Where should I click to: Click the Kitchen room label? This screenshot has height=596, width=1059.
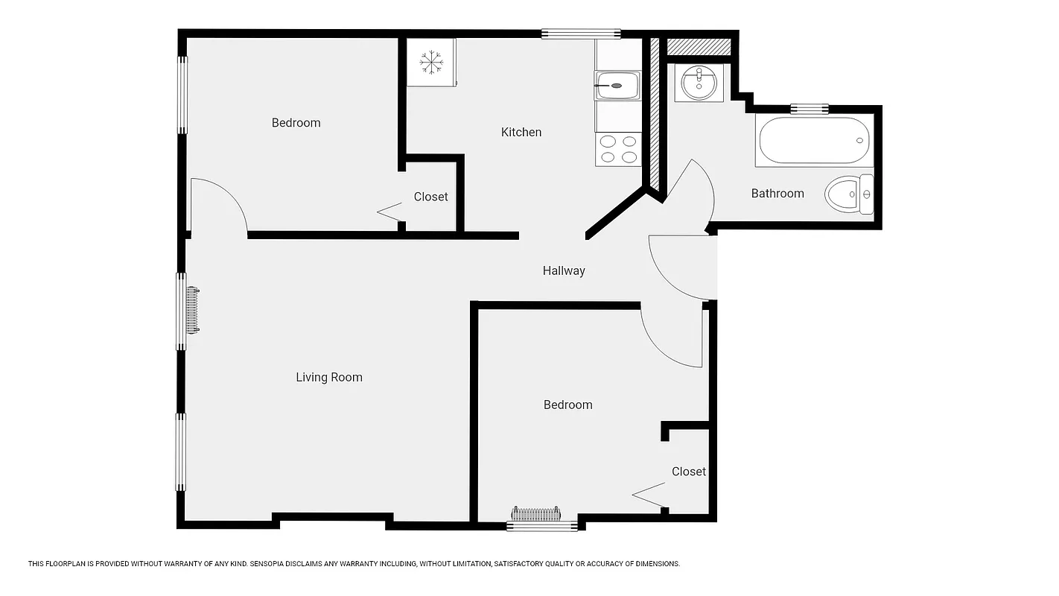(x=521, y=132)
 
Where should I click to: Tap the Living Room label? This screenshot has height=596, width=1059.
(x=328, y=377)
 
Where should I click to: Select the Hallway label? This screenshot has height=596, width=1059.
(x=563, y=270)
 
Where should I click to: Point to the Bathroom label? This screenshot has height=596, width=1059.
(x=777, y=193)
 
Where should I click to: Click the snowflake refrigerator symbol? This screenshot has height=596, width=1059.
(x=430, y=62)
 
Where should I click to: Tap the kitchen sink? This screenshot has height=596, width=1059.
(x=617, y=86)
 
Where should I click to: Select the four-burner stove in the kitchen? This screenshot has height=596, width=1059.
(x=618, y=148)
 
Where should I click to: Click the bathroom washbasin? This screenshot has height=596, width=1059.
(x=699, y=82)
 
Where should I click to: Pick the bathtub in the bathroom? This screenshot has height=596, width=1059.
(x=813, y=141)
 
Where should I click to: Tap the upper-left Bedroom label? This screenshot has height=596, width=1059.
(x=296, y=123)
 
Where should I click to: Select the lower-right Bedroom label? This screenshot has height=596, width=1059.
(x=567, y=405)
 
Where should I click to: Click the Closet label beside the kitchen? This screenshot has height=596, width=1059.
(x=430, y=197)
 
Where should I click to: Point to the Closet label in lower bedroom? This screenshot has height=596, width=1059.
(x=688, y=472)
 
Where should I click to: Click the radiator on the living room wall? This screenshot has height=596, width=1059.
(x=192, y=310)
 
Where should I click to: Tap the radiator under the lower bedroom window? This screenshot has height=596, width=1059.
(x=535, y=514)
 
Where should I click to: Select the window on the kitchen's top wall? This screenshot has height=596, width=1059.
(x=580, y=34)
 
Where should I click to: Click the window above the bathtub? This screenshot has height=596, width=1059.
(x=809, y=109)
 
